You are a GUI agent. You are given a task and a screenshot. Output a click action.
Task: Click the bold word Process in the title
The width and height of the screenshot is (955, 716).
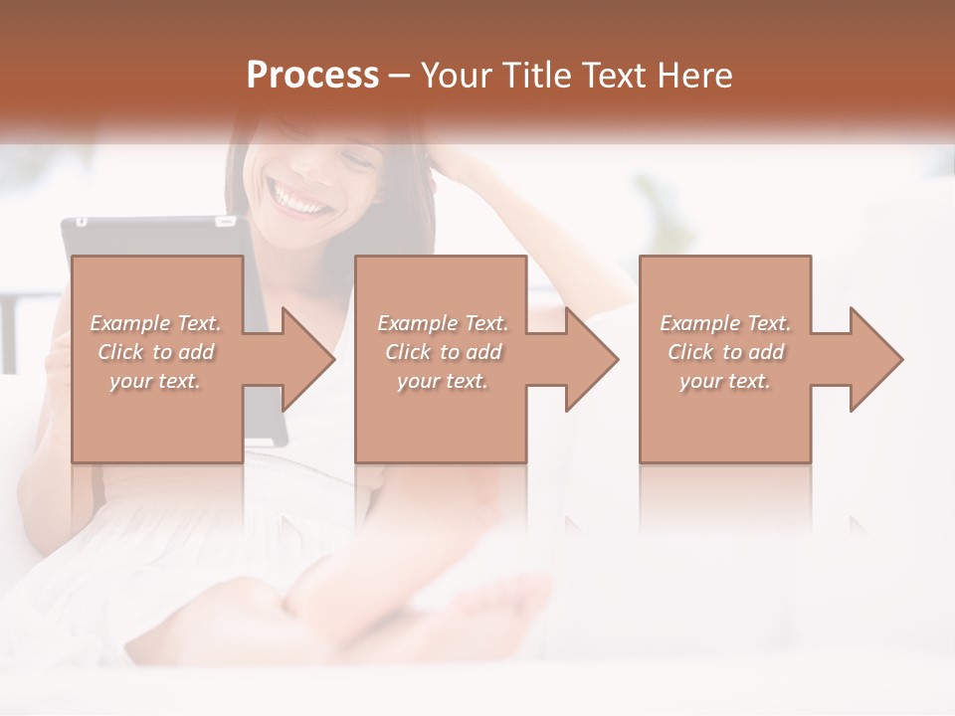[312, 76]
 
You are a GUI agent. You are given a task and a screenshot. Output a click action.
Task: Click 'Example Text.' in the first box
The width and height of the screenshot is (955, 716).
[155, 323]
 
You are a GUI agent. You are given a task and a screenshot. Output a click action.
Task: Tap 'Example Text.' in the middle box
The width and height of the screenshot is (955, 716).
[443, 323]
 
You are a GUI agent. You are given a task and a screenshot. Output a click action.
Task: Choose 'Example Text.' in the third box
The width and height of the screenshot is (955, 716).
[725, 323]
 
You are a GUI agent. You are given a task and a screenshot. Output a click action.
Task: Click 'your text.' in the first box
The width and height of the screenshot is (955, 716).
[155, 381]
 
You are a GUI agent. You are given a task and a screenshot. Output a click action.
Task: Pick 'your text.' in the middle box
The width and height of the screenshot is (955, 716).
[443, 381]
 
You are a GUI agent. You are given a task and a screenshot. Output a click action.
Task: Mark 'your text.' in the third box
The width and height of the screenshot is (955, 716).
[725, 381]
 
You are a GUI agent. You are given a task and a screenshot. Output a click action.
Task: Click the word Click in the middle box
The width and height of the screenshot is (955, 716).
[408, 352]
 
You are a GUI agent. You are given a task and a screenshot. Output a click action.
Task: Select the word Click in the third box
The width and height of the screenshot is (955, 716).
[690, 352]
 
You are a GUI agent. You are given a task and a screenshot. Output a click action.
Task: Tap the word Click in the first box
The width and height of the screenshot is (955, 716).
[120, 352]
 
